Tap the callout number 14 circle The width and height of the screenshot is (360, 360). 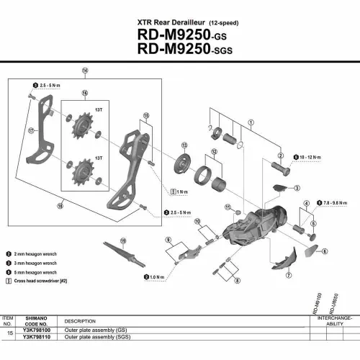pos(84,71)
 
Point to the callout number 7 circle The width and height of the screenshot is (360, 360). pos(289,275)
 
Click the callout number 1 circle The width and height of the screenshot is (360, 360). pos(251,124)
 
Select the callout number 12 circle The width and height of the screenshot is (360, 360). pos(213,152)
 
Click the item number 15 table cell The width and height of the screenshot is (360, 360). pos(8,333)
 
